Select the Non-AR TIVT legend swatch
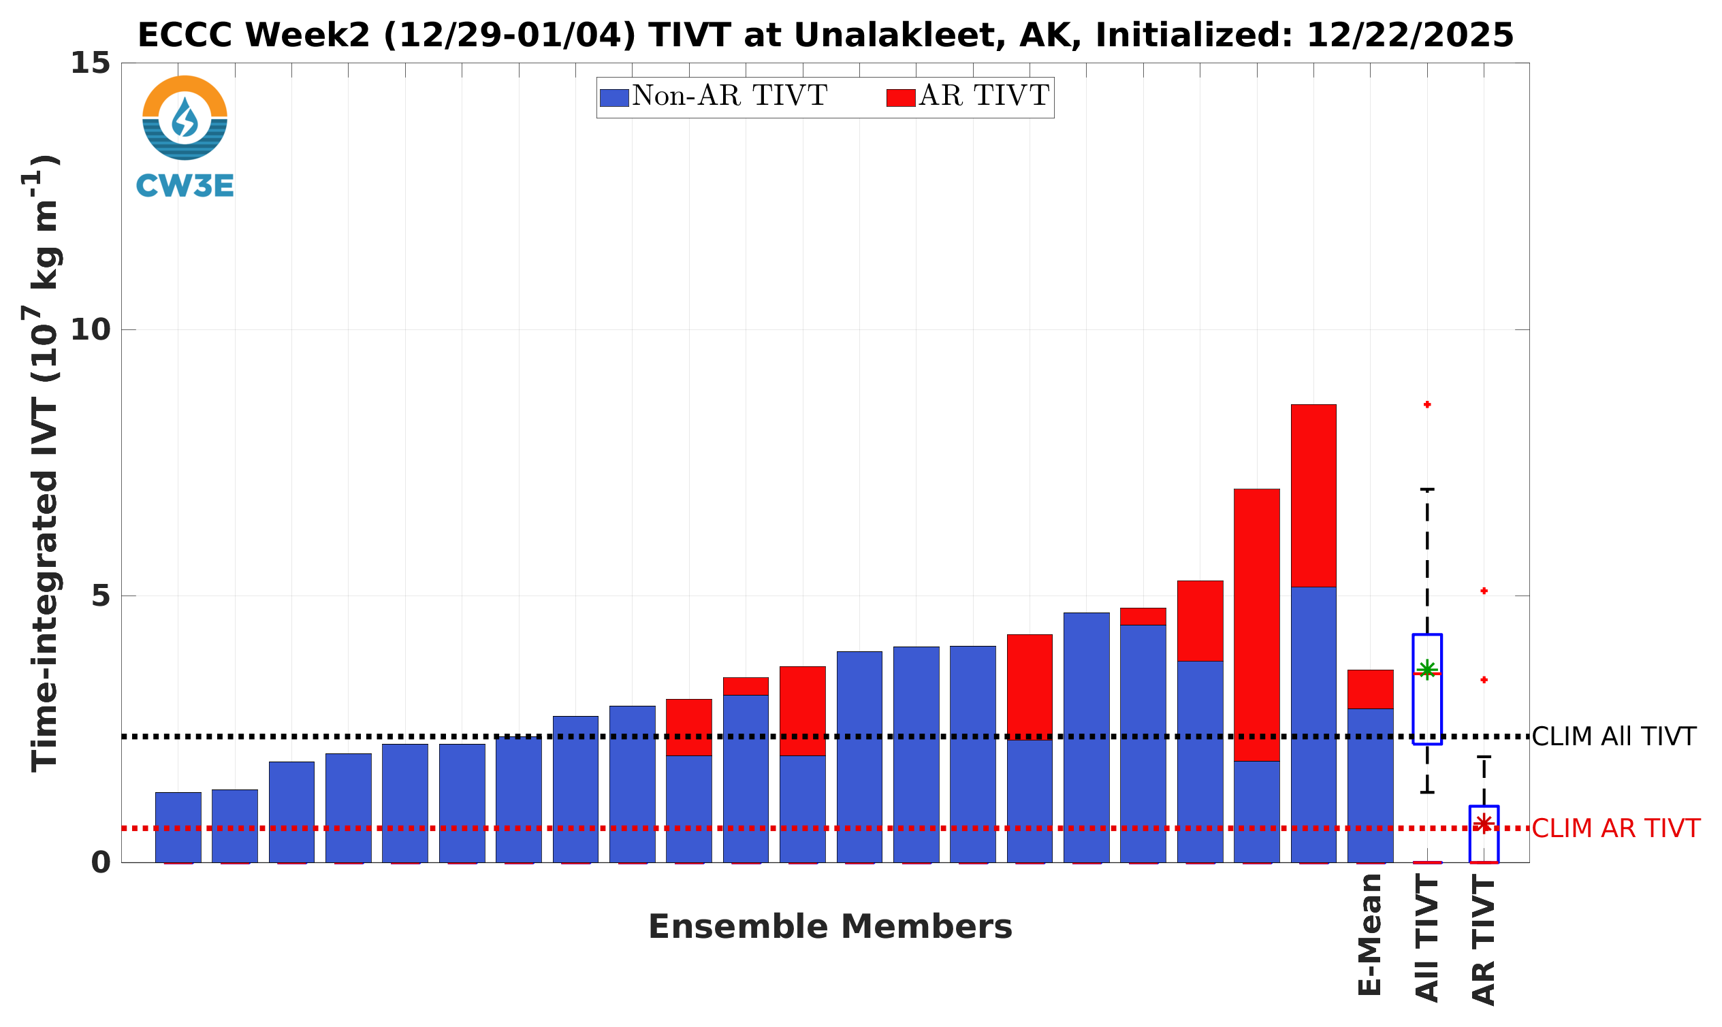[613, 97]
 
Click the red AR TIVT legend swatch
[900, 97]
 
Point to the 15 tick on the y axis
[91, 63]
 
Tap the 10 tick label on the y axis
[91, 330]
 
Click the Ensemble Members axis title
[829, 927]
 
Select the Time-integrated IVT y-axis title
[45, 463]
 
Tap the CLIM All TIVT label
[1613, 737]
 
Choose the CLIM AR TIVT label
[1615, 828]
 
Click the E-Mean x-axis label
[1369, 934]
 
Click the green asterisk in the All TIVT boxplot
[1426, 670]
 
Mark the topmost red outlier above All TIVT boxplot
[1427, 404]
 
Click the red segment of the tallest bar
[1313, 495]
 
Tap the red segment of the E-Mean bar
[1369, 689]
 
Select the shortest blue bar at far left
[178, 827]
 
